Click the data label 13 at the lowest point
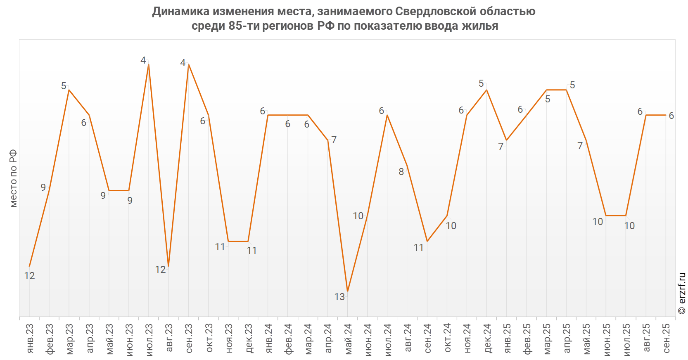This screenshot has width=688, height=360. click(x=339, y=297)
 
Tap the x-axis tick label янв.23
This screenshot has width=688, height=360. click(x=30, y=338)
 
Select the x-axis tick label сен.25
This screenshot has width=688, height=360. click(x=666, y=338)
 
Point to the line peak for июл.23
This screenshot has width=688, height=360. click(x=149, y=64)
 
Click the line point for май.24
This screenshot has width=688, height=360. click(x=348, y=291)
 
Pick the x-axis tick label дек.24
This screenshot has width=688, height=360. click(x=487, y=338)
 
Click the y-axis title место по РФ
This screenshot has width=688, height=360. click(x=13, y=178)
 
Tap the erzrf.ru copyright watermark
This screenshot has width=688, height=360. click(x=682, y=293)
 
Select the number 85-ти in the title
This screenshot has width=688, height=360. click(x=244, y=26)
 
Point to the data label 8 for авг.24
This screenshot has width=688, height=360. click(x=401, y=172)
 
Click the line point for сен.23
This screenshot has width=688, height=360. click(x=188, y=64)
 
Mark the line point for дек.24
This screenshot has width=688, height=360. click(x=486, y=90)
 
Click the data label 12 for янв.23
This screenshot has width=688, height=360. click(x=29, y=276)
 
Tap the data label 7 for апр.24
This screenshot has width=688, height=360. click(x=334, y=140)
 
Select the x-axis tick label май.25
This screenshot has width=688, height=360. click(x=587, y=338)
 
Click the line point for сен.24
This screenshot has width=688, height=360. click(x=427, y=241)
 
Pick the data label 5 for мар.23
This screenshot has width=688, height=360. click(x=64, y=86)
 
